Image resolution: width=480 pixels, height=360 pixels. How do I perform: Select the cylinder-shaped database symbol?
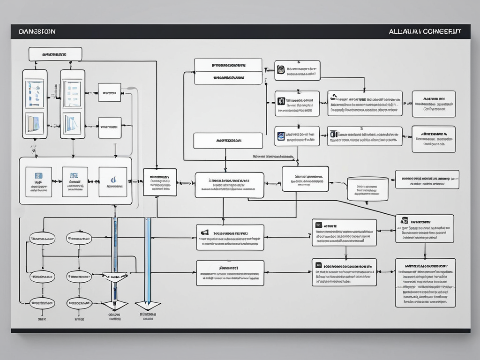[x=367, y=188]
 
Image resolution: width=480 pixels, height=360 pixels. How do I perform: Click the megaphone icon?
[x=204, y=232]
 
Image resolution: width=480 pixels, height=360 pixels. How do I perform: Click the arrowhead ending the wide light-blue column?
[x=148, y=305]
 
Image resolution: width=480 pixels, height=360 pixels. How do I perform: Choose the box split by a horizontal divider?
[x=228, y=71]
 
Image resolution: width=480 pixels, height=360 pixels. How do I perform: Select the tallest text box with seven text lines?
[x=425, y=282]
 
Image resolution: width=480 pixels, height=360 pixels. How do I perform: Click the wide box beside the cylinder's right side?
[x=427, y=180]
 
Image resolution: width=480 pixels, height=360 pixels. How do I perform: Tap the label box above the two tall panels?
[x=55, y=54]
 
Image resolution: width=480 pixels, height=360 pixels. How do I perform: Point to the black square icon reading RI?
[x=281, y=100]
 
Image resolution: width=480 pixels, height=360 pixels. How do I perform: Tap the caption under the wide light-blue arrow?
[x=148, y=316]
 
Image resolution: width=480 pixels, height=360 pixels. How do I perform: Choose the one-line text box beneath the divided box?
[x=228, y=141]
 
